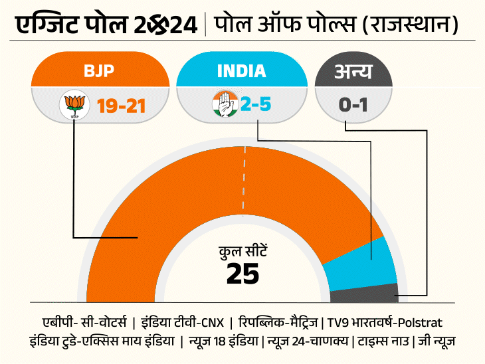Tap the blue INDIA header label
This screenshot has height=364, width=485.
(241, 70)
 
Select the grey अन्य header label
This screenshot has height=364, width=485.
(352, 70)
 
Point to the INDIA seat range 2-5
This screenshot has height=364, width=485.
(255, 105)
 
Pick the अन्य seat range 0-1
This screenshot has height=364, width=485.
(352, 105)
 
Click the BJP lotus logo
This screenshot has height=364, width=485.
(74, 105)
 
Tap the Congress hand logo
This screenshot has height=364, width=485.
(225, 105)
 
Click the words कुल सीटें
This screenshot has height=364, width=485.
(242, 252)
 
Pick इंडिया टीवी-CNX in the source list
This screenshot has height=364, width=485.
(181, 322)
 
